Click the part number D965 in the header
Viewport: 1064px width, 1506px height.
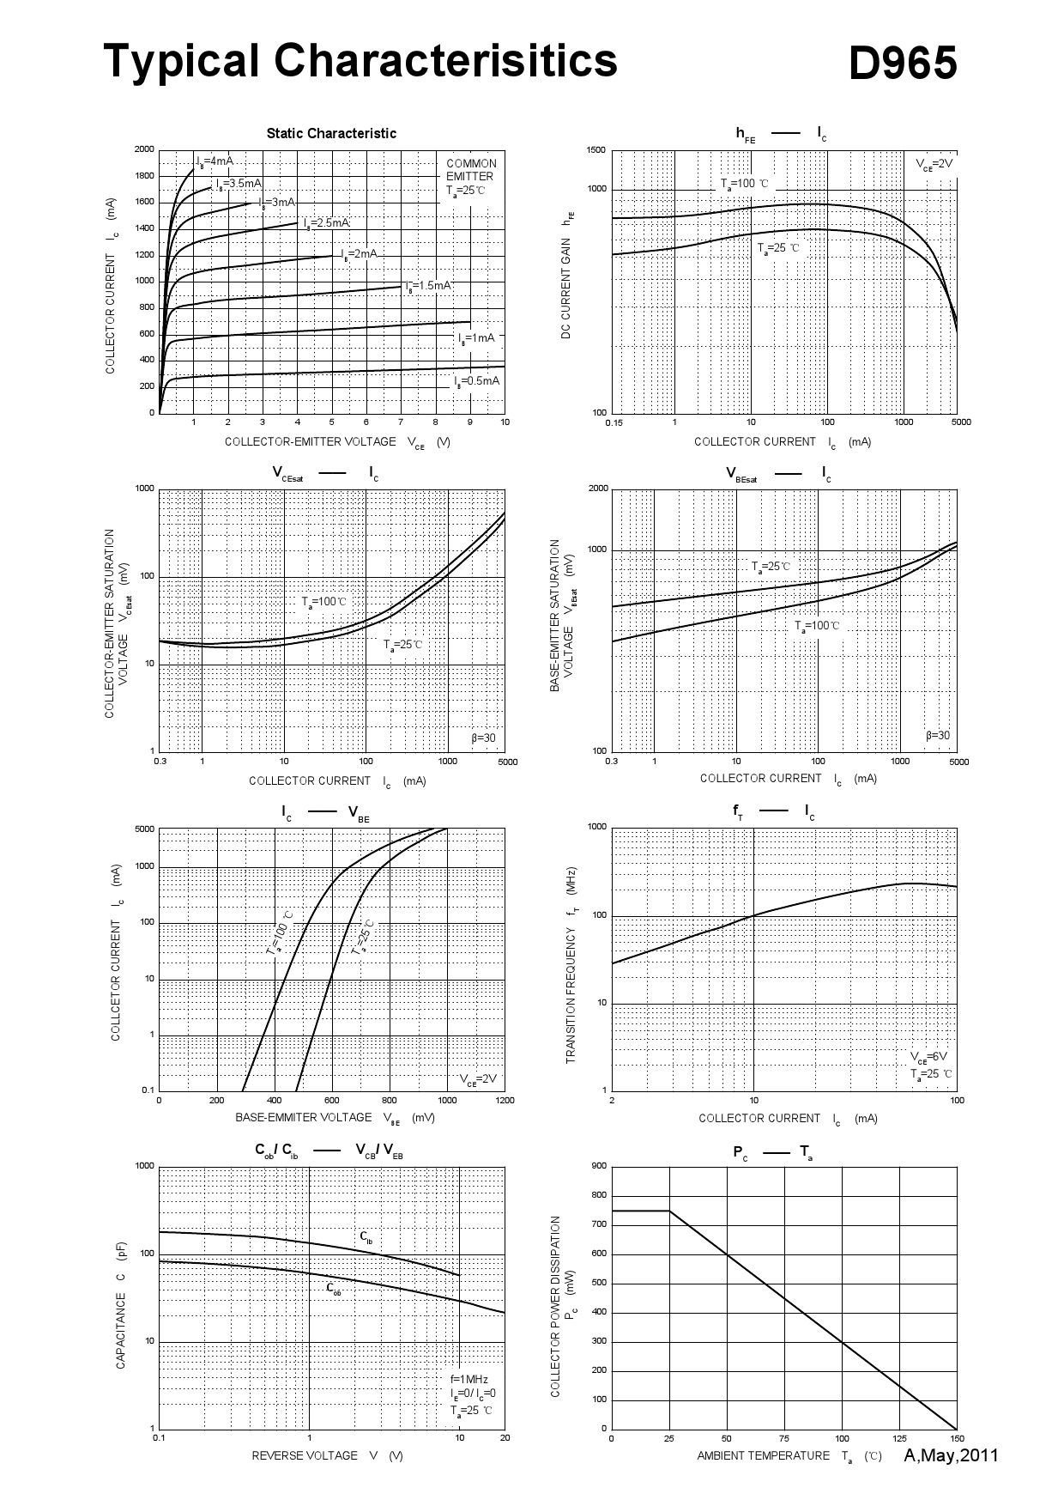click(x=902, y=64)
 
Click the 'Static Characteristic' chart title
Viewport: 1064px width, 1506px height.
click(x=331, y=133)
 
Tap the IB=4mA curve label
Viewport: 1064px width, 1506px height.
click(x=215, y=161)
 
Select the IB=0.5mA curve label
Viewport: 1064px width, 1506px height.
click(x=477, y=381)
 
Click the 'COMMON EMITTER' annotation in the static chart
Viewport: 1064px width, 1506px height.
click(x=471, y=170)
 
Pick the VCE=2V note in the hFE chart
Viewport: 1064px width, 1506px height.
click(x=934, y=164)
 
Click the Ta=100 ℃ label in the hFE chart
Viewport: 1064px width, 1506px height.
click(x=745, y=184)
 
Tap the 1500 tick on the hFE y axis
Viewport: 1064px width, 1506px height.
click(x=595, y=150)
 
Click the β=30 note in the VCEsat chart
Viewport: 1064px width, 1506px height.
click(x=483, y=738)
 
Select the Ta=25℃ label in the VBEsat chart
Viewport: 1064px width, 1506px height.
click(x=771, y=567)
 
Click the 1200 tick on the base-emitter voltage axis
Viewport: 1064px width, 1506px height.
click(x=505, y=1100)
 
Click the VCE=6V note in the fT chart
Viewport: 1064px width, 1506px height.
click(x=929, y=1056)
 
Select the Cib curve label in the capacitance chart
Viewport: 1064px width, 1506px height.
click(x=366, y=1237)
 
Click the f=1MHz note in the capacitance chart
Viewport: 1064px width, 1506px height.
click(x=469, y=1379)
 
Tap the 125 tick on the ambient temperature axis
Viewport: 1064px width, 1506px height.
click(x=899, y=1438)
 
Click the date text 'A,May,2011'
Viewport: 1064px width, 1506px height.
click(x=951, y=1454)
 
